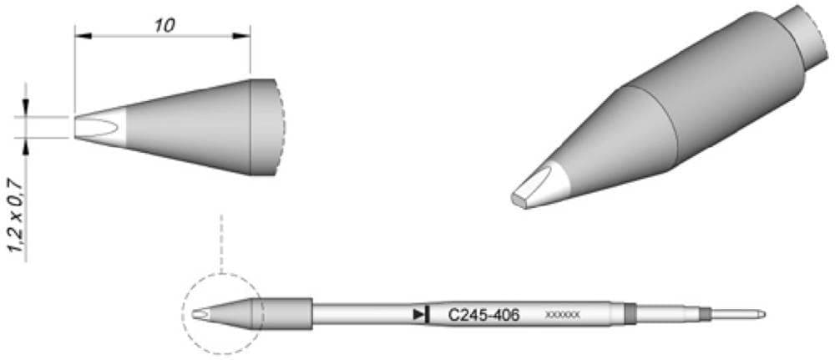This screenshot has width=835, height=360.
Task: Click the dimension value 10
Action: coord(164,25)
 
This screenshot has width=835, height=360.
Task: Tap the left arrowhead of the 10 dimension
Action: coord(81,35)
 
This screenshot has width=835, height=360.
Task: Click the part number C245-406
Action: coord(484,315)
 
